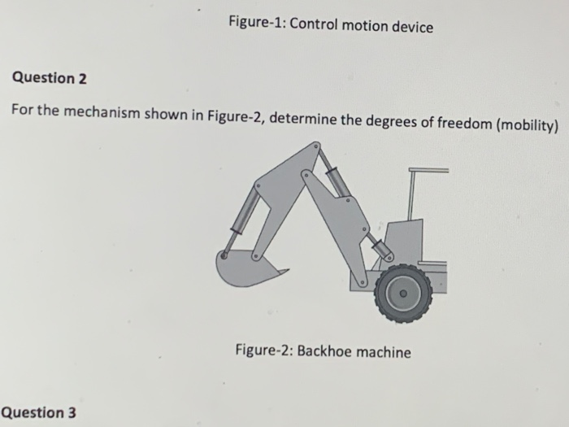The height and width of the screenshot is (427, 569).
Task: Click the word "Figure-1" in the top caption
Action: pyautogui.click(x=254, y=25)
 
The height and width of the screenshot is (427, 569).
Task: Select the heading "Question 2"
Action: pyautogui.click(x=49, y=78)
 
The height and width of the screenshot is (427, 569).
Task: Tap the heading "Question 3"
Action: pyautogui.click(x=39, y=412)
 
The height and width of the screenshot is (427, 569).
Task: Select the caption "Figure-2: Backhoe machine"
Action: pyautogui.click(x=323, y=351)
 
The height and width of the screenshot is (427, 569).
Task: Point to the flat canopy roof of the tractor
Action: pyautogui.click(x=428, y=170)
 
